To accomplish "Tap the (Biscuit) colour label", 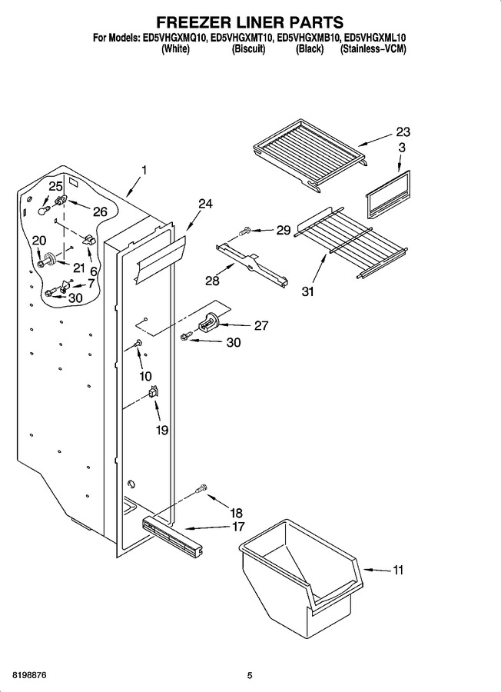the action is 248,49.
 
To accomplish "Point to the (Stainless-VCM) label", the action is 373,49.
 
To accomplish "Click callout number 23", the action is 403,131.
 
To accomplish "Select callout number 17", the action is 237,527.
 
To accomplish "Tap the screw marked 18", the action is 201,487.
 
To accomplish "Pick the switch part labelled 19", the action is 153,392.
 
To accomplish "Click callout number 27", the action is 261,326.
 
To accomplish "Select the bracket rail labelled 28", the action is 252,264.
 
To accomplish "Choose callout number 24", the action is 205,204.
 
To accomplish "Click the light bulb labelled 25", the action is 42,210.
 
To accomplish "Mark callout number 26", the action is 100,212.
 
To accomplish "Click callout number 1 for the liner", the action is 144,171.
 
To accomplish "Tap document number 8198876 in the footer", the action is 25,676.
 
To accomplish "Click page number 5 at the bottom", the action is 250,676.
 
